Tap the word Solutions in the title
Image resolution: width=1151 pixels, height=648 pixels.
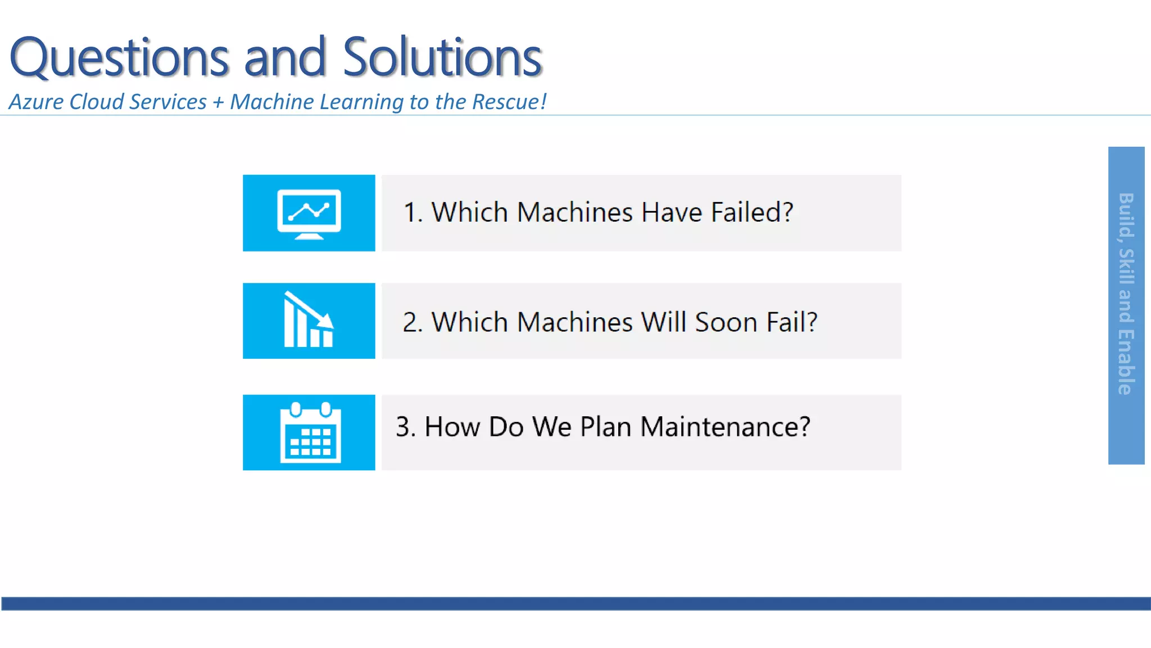pyautogui.click(x=442, y=57)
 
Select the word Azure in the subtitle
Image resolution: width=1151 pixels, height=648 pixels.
pyautogui.click(x=36, y=102)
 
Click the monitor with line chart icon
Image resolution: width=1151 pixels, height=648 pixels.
pyautogui.click(x=309, y=214)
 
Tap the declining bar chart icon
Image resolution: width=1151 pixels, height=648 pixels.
pyautogui.click(x=309, y=321)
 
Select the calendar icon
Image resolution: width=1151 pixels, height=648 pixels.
pyautogui.click(x=310, y=433)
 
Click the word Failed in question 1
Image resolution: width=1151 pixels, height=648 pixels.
pyautogui.click(x=752, y=213)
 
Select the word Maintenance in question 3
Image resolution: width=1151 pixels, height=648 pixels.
pyautogui.click(x=725, y=427)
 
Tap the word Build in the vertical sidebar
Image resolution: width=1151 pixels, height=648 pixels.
pyautogui.click(x=1126, y=214)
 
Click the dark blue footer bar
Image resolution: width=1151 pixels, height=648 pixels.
pyautogui.click(x=575, y=604)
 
